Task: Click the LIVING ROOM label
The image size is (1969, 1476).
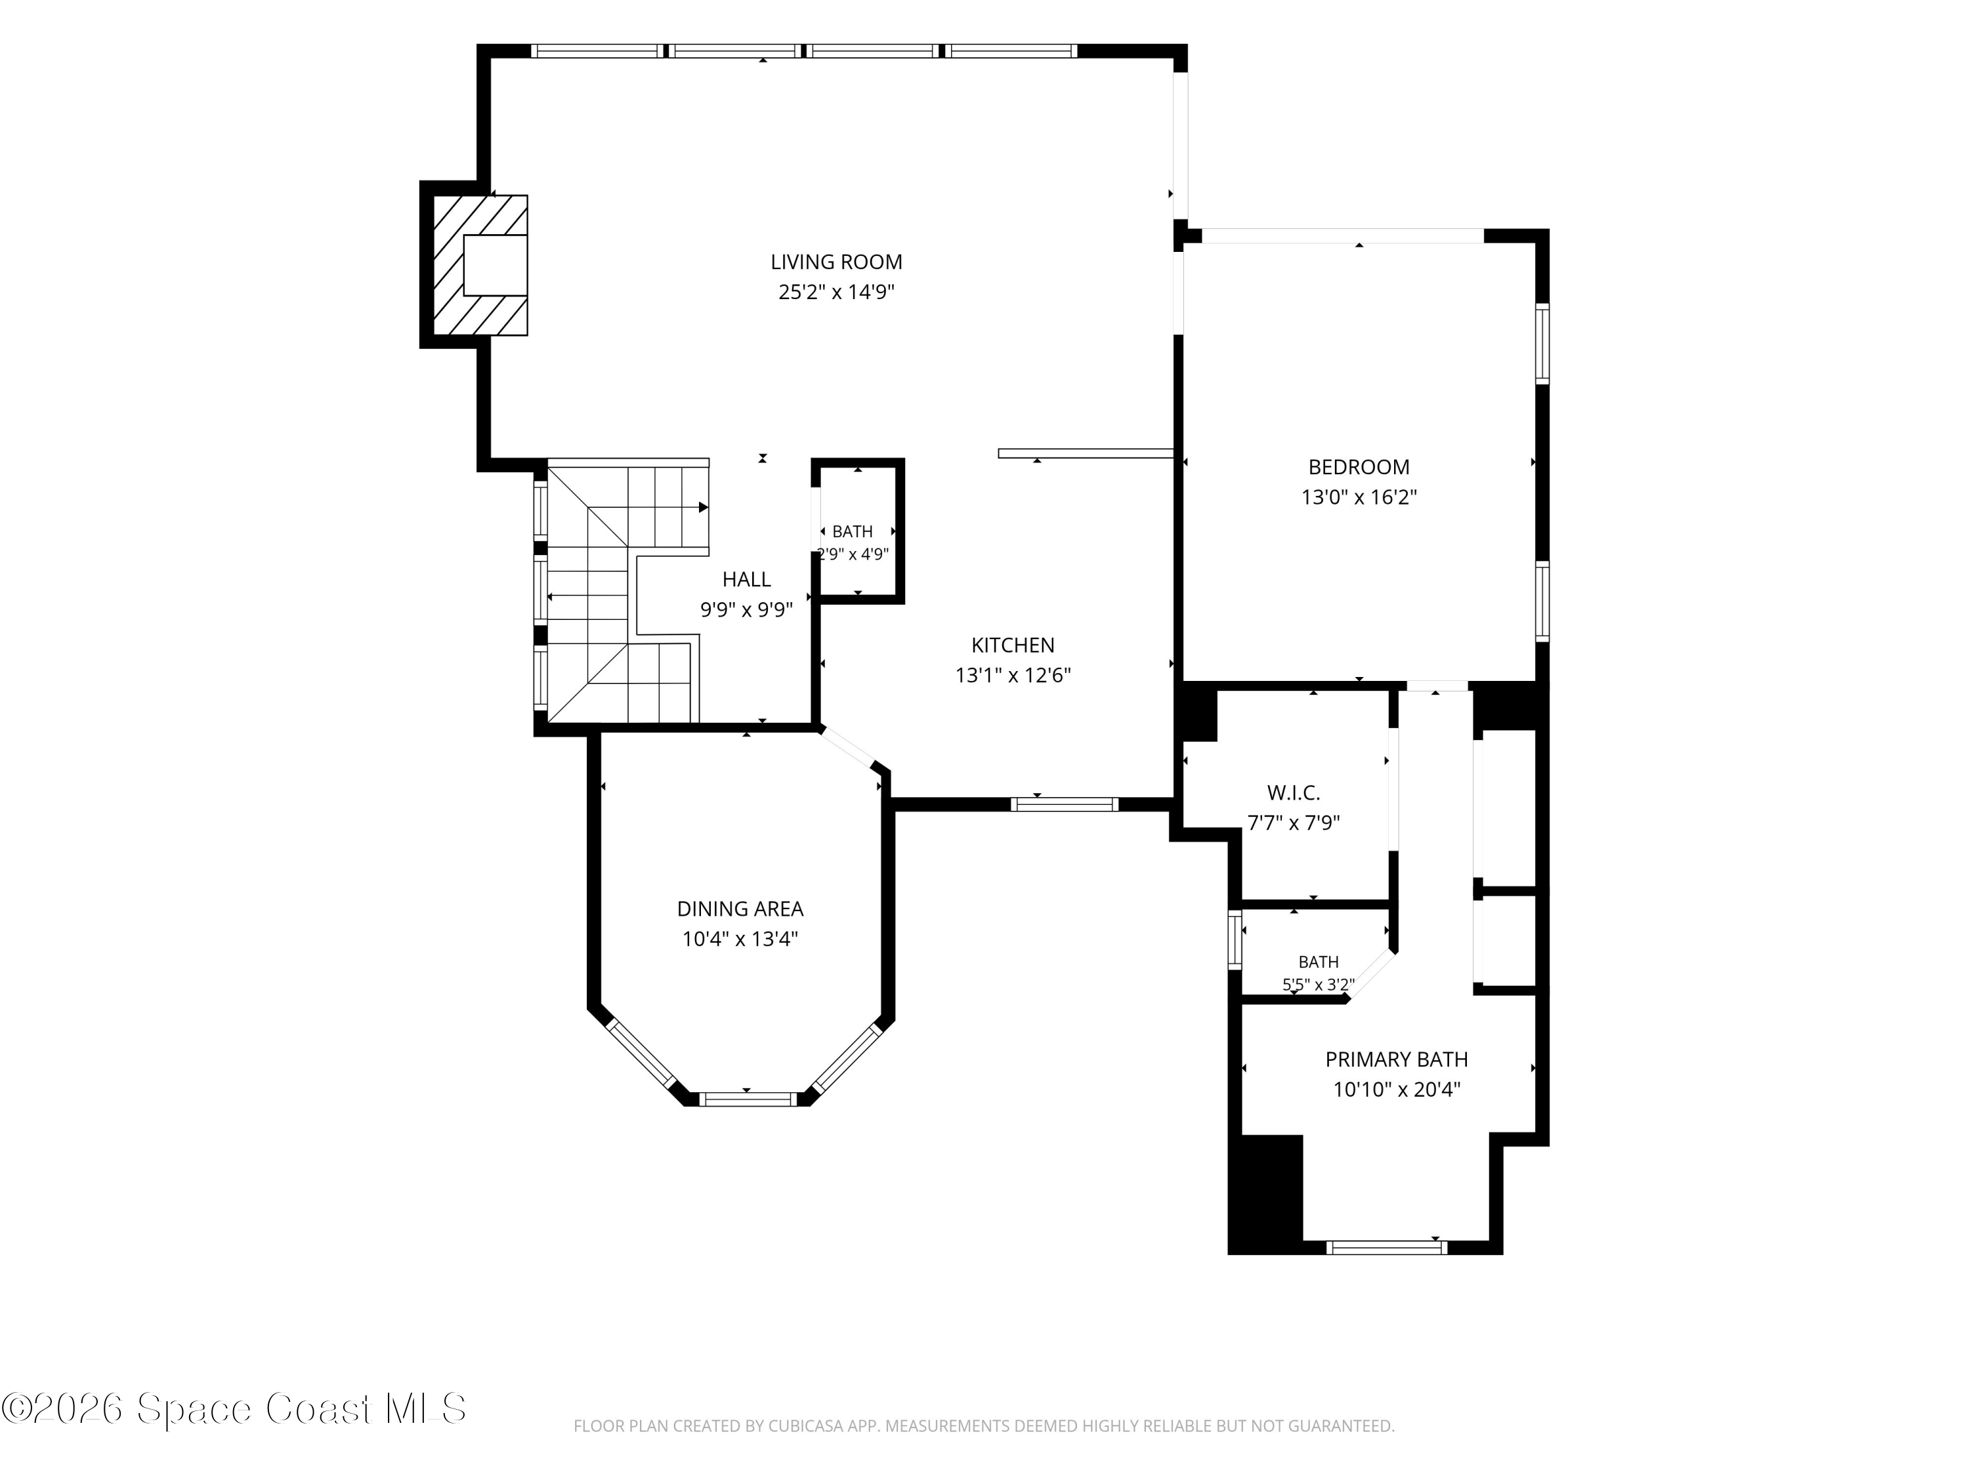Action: (x=836, y=262)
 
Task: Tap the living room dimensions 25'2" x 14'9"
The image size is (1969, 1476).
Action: (x=836, y=292)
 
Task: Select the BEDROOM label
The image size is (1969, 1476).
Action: (x=1359, y=467)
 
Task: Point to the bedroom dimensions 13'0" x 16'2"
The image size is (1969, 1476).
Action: (x=1359, y=497)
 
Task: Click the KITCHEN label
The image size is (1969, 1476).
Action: (x=1012, y=645)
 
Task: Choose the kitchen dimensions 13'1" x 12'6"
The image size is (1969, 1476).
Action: (x=1012, y=675)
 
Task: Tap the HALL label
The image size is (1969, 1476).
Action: (x=746, y=579)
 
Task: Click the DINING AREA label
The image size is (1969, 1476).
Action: (x=740, y=909)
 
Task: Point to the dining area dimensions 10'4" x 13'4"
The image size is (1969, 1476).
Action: (x=740, y=939)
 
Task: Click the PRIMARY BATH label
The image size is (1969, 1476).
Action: (x=1396, y=1059)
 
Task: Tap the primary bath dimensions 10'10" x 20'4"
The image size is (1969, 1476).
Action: (x=1396, y=1090)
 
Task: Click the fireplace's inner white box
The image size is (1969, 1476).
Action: (x=495, y=265)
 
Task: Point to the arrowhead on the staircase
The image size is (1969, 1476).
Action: (x=703, y=507)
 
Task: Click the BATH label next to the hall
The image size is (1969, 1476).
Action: (x=852, y=532)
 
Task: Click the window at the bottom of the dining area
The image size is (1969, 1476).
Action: (x=747, y=1099)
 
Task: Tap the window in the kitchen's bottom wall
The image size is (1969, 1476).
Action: (x=1064, y=804)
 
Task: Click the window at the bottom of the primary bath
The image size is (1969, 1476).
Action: (x=1386, y=1247)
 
